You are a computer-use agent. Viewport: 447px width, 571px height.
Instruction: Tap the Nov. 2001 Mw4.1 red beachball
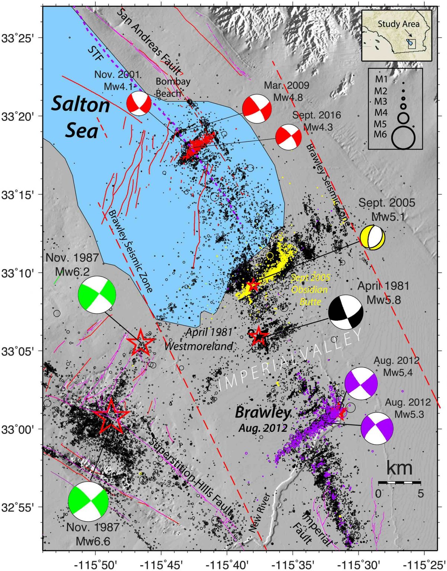pos(139,104)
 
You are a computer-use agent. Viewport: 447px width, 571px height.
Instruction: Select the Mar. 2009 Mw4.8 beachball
pos(257,109)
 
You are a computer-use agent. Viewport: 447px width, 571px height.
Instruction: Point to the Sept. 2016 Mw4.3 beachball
pos(288,137)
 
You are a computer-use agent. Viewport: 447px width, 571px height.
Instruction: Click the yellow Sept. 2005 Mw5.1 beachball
pos(372,237)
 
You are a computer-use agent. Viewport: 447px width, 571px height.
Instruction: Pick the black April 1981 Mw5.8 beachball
pos(346,312)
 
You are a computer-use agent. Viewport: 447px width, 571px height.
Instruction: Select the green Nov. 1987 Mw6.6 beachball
pos(88,502)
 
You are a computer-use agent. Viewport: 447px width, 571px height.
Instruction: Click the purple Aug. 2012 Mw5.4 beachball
pos(361,383)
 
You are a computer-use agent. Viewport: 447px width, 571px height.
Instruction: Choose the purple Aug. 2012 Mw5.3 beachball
pos(377,428)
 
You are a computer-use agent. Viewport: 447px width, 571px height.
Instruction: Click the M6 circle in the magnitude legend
pos(403,138)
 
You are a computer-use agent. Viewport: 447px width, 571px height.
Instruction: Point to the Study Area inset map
pos(396,36)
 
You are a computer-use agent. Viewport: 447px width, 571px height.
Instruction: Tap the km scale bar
pos(399,483)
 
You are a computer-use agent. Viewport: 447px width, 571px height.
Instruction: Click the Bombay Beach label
pos(173,87)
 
